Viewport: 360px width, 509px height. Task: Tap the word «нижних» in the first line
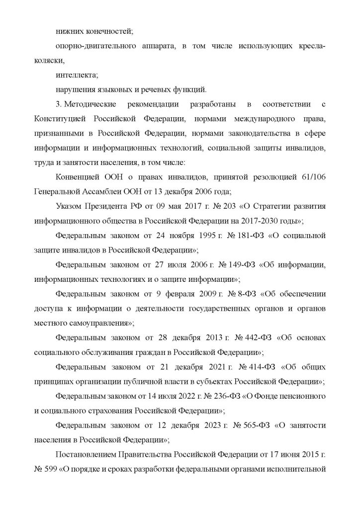tap(68, 32)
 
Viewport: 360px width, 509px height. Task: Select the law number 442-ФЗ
tap(258, 338)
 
